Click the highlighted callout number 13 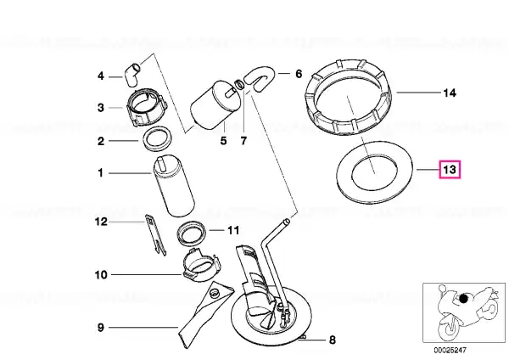coord(450,170)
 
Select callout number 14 coord(450,93)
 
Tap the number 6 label coord(299,74)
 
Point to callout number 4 coord(101,76)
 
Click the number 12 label coord(101,222)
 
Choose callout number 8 coord(332,340)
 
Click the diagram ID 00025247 coord(450,351)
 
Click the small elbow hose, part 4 coord(131,75)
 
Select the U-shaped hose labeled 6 coord(259,79)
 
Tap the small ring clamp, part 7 coord(239,84)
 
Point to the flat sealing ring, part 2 coord(157,139)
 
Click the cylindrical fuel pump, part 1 coord(174,187)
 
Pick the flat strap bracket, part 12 coord(156,234)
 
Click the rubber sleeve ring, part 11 coord(192,233)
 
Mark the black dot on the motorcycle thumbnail coord(463,298)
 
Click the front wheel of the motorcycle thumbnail coord(449,327)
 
